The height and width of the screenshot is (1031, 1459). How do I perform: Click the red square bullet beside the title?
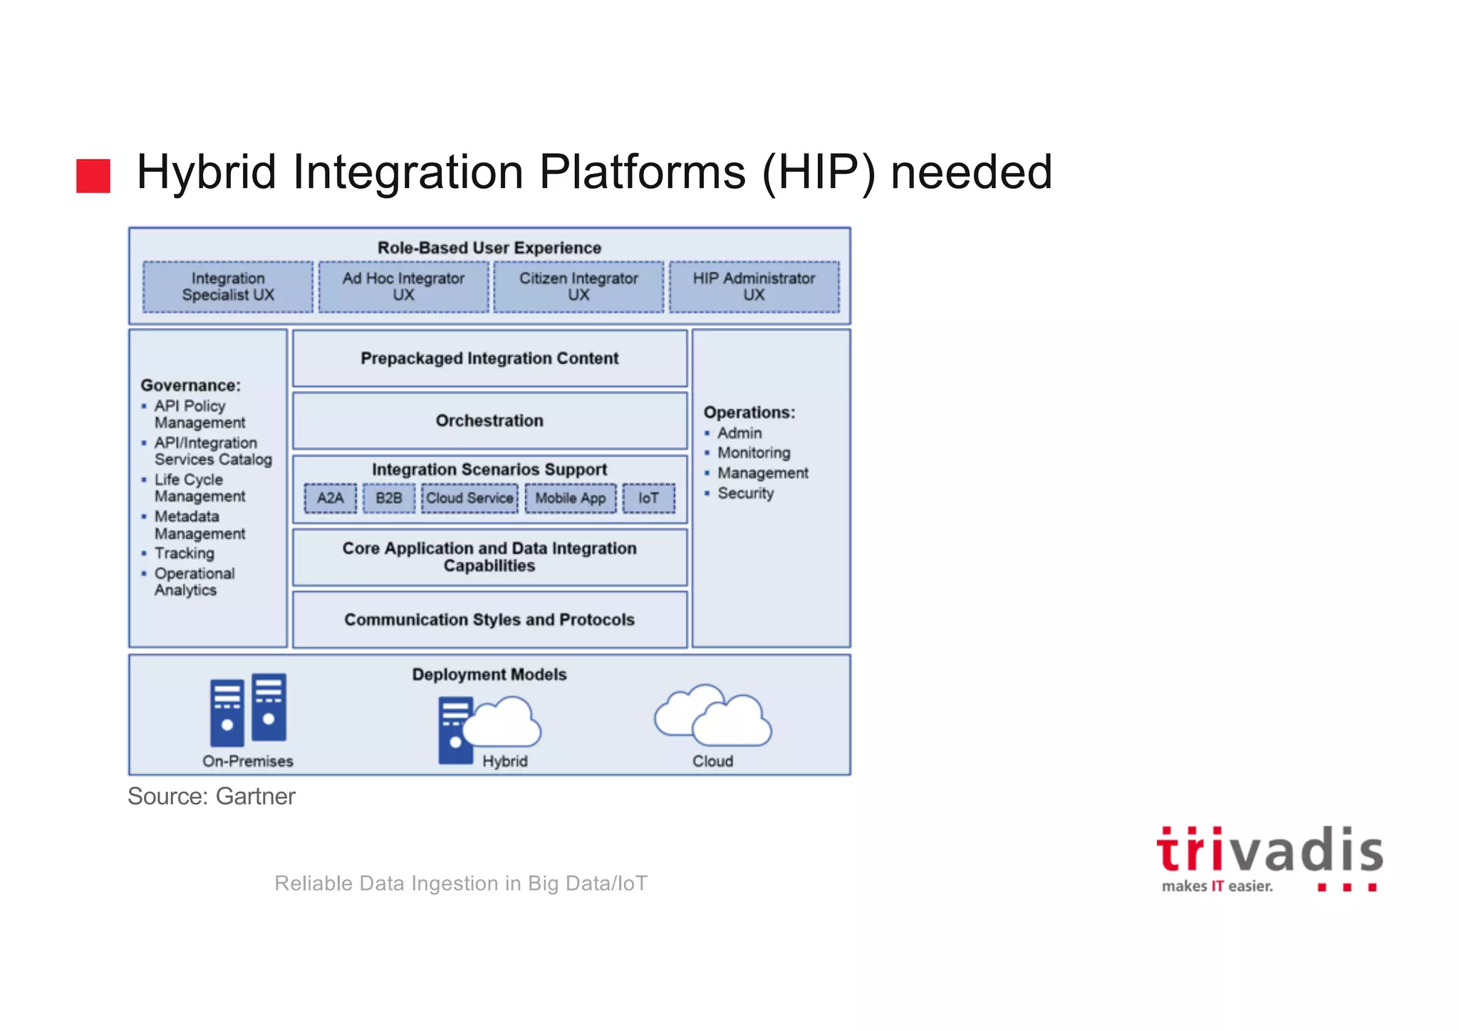[x=93, y=175]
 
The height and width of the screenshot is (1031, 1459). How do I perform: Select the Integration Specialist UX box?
[x=228, y=286]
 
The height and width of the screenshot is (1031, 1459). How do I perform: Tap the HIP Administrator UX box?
[x=754, y=286]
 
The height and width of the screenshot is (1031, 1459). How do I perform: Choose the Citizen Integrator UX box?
[x=578, y=286]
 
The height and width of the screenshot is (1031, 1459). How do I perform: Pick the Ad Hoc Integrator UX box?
[x=403, y=286]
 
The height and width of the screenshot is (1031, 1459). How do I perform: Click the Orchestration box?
[x=489, y=420]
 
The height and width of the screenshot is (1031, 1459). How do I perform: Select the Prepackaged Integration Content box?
[x=489, y=358]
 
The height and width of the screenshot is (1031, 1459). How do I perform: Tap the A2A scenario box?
[x=331, y=498]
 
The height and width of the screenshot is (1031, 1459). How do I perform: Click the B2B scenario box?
[x=389, y=498]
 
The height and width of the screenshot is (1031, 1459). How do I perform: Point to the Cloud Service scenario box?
[x=469, y=498]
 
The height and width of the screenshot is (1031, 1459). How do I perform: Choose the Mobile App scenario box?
[x=571, y=498]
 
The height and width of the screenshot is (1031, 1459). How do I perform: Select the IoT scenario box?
[x=648, y=498]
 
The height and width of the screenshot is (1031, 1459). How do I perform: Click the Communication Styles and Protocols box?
[x=489, y=619]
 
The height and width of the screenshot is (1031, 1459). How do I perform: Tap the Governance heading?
[x=190, y=385]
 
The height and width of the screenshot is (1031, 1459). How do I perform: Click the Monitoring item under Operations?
[x=754, y=453]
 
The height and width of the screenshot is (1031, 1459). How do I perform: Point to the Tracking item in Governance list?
[x=184, y=554]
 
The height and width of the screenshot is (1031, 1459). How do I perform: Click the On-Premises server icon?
[x=248, y=710]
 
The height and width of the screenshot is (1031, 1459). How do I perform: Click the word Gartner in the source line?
[x=255, y=797]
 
